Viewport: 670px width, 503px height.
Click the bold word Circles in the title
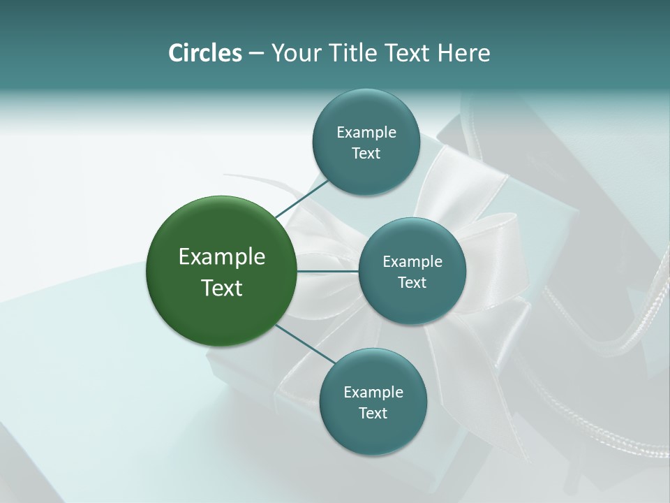[x=204, y=53]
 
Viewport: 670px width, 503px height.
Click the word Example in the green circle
[x=222, y=257]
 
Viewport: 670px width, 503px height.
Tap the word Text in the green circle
[x=222, y=288]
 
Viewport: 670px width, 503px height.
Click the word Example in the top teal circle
[x=366, y=133]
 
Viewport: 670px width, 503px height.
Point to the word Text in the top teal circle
[x=366, y=154]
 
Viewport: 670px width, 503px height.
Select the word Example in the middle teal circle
[x=412, y=262]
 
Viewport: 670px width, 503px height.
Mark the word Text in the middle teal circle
[x=412, y=283]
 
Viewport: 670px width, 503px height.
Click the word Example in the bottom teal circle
[x=373, y=393]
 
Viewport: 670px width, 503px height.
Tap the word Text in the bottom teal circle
[x=373, y=414]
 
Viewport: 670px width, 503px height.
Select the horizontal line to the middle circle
[x=328, y=271]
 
